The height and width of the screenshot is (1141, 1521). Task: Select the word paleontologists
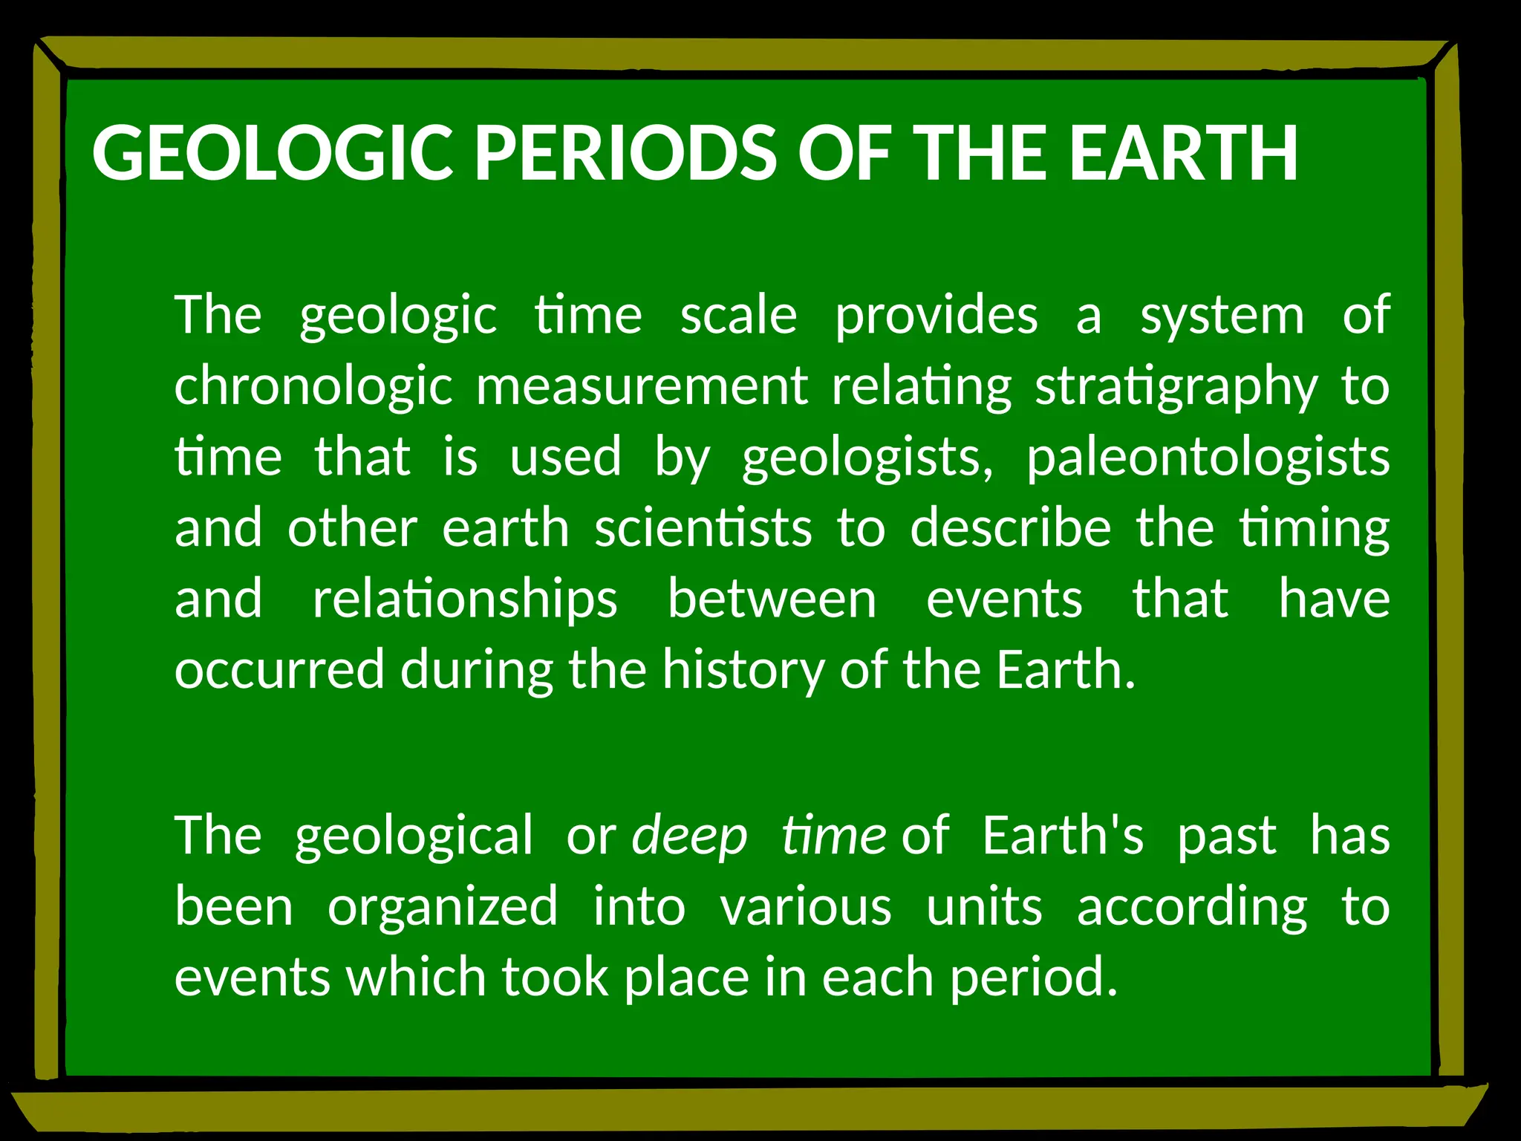(x=1208, y=458)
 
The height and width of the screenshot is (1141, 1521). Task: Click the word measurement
(x=642, y=386)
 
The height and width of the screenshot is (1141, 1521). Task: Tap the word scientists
(x=703, y=528)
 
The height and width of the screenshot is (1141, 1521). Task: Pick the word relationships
(x=464, y=600)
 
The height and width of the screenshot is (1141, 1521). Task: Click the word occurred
(x=279, y=670)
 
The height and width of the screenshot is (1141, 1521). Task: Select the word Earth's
(x=1063, y=835)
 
